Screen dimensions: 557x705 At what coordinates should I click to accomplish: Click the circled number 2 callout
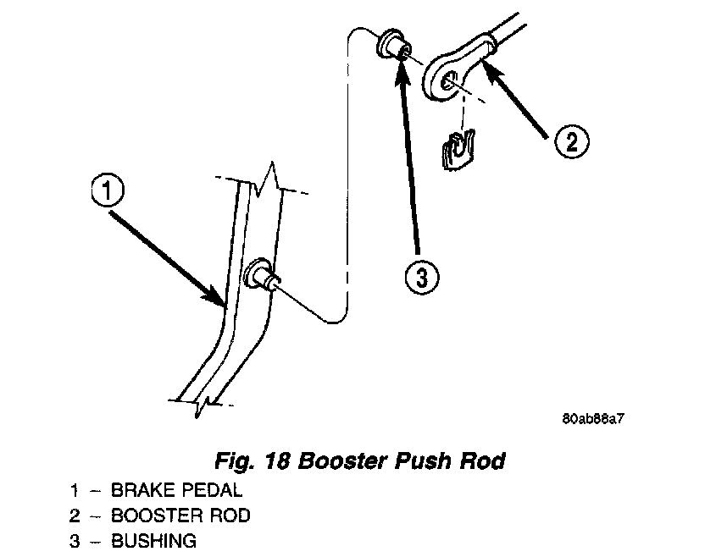[571, 141]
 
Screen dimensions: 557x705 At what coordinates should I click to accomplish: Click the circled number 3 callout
[421, 276]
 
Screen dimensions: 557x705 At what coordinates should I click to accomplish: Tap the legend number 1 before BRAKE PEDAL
[75, 489]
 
